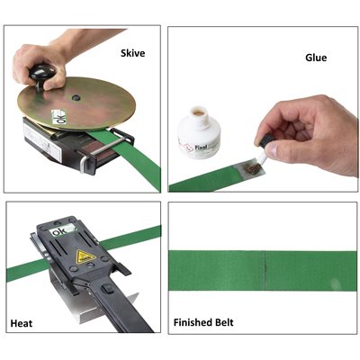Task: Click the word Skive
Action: pos(132,53)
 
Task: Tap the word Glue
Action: pos(316,58)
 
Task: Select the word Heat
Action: pos(22,323)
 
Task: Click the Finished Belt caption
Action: pos(203,322)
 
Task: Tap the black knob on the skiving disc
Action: pos(41,75)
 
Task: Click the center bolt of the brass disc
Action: pos(76,97)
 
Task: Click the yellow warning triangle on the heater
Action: pos(86,256)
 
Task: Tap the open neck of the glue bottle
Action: pos(200,112)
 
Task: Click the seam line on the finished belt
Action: pos(265,271)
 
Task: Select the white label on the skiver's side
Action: pos(41,142)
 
